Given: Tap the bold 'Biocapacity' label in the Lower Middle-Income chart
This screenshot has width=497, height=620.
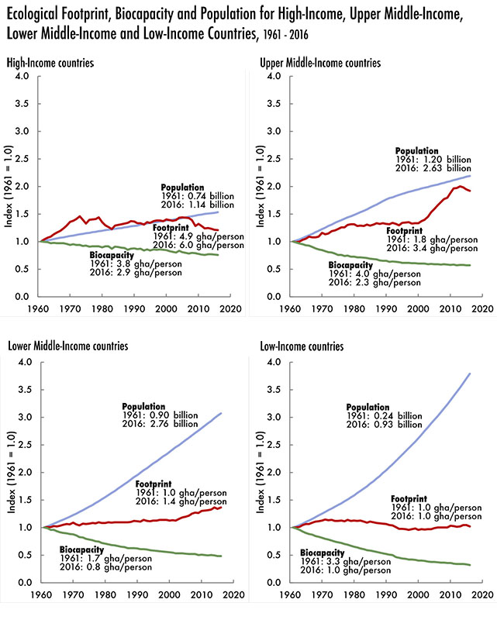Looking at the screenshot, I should pyautogui.click(x=84, y=549).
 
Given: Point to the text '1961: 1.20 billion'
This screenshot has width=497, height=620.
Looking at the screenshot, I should pyautogui.click(x=440, y=160).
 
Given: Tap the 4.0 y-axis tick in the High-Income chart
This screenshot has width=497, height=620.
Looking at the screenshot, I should pyautogui.click(x=22, y=76).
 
